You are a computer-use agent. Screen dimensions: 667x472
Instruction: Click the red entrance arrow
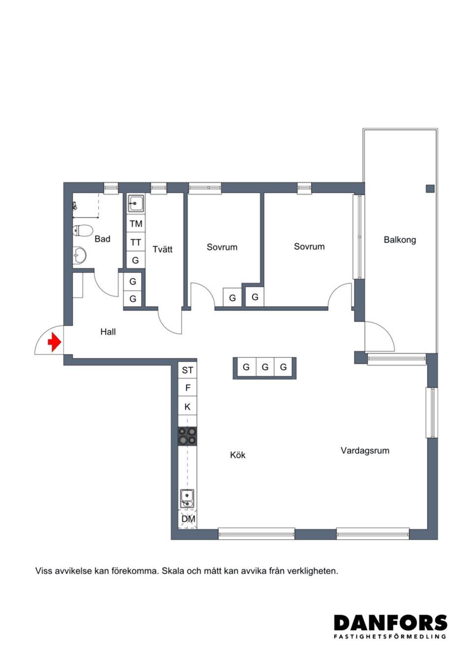pyautogui.click(x=54, y=342)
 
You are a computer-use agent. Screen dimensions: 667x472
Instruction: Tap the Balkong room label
pyautogui.click(x=400, y=240)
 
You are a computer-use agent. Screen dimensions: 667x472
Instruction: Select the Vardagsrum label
pyautogui.click(x=365, y=450)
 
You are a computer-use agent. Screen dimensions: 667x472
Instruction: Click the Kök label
pyautogui.click(x=237, y=455)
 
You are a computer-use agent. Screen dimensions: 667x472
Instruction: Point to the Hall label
pyautogui.click(x=108, y=332)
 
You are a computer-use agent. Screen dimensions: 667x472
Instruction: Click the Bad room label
pyautogui.click(x=102, y=239)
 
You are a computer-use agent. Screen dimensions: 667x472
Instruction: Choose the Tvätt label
pyautogui.click(x=162, y=249)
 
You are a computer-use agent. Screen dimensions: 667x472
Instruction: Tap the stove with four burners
pyautogui.click(x=187, y=436)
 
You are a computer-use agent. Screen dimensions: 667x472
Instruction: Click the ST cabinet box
pyautogui.click(x=187, y=370)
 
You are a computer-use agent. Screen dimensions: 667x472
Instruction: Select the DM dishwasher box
pyautogui.click(x=188, y=519)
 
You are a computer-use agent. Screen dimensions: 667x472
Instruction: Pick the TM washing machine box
pyautogui.click(x=136, y=224)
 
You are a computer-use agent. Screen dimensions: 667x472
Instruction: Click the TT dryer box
pyautogui.click(x=136, y=242)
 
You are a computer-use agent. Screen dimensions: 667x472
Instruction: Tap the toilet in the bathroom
pyautogui.click(x=83, y=230)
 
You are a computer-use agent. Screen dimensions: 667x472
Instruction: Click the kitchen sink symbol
pyautogui.click(x=187, y=498)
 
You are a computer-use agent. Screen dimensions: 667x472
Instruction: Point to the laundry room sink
pyautogui.click(x=136, y=203)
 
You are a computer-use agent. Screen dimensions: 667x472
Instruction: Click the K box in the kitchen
pyautogui.click(x=187, y=406)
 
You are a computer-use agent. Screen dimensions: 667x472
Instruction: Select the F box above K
pyautogui.click(x=187, y=388)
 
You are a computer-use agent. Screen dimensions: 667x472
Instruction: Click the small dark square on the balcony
pyautogui.click(x=430, y=188)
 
